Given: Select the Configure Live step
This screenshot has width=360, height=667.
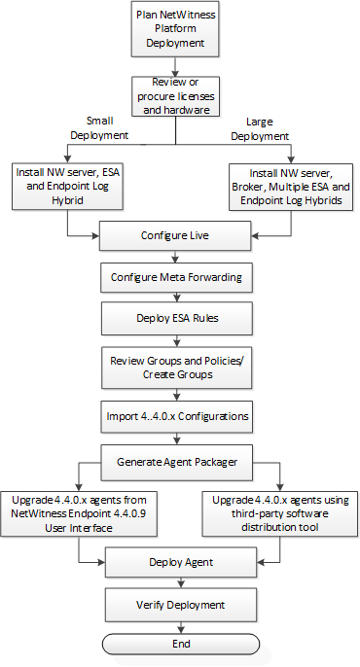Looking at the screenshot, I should coord(175,235).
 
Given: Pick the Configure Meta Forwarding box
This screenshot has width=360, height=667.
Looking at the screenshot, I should coord(175,277).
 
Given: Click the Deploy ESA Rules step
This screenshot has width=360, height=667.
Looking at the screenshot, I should coord(175,318).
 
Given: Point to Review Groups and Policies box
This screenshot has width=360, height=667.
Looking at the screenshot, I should coord(175,368).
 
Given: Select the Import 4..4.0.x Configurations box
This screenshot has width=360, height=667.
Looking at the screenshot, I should coord(175,416).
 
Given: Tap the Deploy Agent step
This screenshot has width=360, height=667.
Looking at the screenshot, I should coord(175,562).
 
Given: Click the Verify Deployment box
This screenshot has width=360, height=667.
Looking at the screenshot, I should coord(175,604).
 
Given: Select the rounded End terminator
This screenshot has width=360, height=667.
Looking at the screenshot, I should coord(181,643).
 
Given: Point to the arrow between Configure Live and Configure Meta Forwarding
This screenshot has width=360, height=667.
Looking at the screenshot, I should coord(175,256).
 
